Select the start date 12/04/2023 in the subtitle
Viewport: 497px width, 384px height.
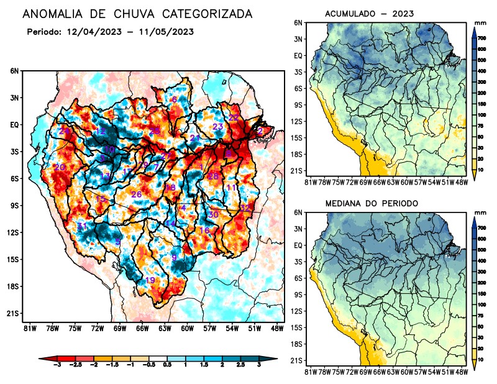(96, 31)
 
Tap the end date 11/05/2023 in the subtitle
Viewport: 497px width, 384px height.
(168, 31)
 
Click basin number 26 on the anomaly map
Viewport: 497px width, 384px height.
(137, 194)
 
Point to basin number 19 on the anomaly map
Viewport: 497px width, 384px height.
(150, 280)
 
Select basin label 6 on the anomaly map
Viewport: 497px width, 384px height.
(174, 99)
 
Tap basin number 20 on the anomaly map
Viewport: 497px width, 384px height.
(60, 167)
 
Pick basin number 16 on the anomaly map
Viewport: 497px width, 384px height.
(204, 231)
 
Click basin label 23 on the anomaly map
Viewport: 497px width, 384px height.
(217, 127)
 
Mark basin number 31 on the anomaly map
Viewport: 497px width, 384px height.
(81, 226)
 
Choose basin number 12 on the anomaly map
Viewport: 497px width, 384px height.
(100, 131)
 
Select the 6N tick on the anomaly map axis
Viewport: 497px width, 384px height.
(14, 71)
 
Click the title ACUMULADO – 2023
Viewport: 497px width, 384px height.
(369, 14)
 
